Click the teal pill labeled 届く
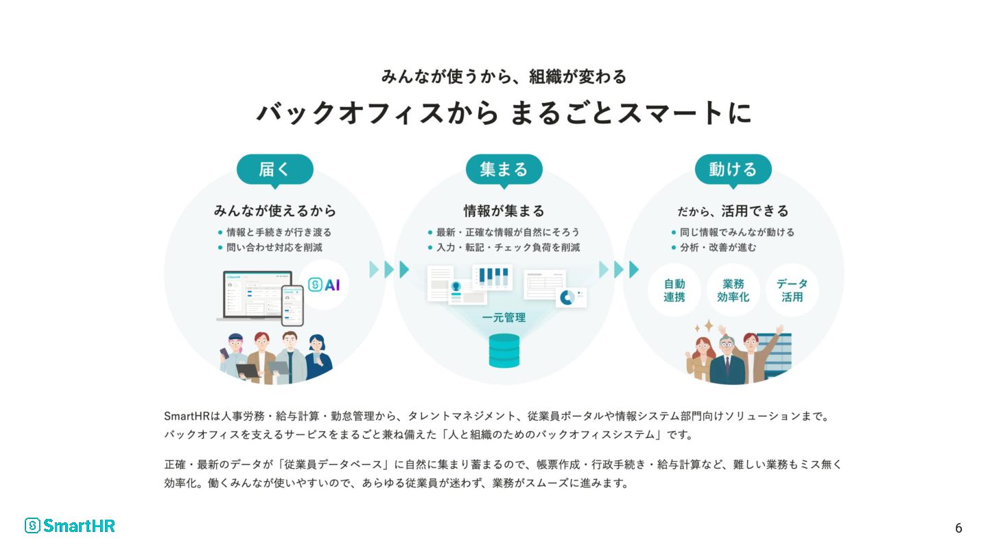274,170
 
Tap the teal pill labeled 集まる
504,170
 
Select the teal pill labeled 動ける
733,170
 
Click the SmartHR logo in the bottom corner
70,526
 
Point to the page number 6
958,529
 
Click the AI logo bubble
324,285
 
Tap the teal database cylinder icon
504,351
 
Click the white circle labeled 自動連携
674,290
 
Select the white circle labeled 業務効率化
733,290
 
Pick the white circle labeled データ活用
792,290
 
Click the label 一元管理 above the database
504,318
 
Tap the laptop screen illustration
257,294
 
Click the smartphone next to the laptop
292,305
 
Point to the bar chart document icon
492,277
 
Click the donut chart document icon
571,297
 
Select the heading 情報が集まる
504,211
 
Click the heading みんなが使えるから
274,211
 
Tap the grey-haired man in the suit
727,360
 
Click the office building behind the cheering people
775,353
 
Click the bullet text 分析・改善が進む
718,248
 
